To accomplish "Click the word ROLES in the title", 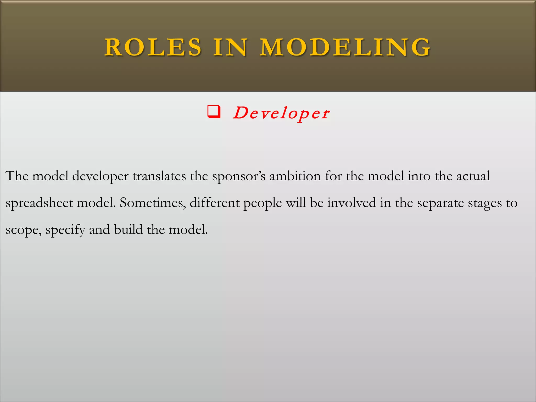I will pos(153,47).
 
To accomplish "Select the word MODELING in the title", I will pos(345,47).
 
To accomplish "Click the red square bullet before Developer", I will pos(214,112).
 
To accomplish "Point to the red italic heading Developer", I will pos(281,113).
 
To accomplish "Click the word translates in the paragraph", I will pos(159,176).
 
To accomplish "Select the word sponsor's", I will pos(239,176).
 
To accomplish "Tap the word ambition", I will pos(295,176).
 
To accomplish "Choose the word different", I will pos(215,203).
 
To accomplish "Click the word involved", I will pos(351,203).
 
